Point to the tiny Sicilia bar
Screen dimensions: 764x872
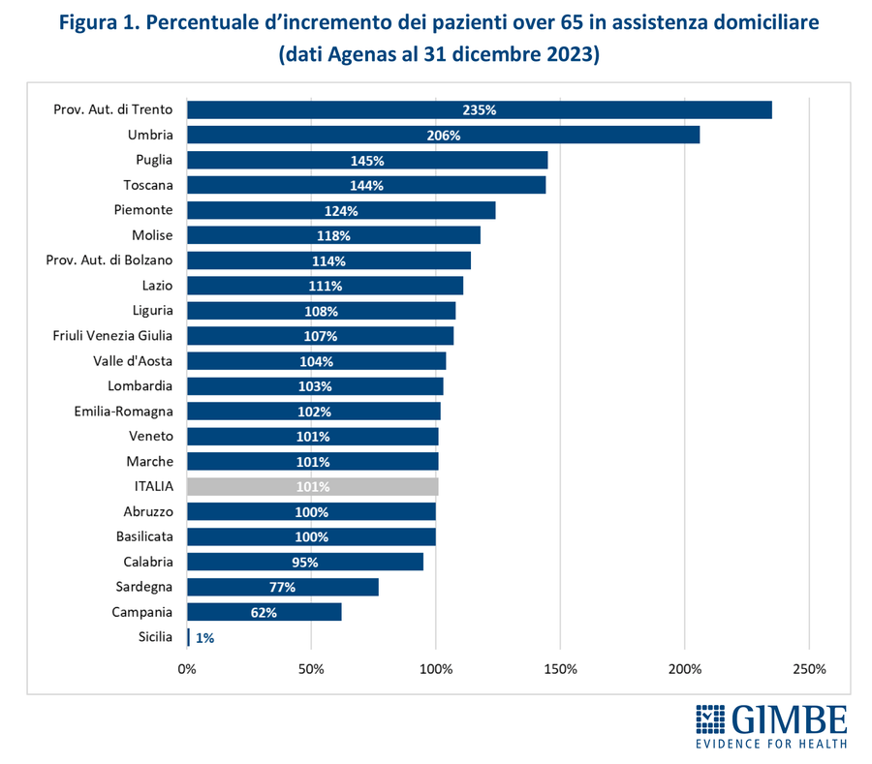click(188, 637)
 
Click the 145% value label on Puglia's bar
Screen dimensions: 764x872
click(367, 160)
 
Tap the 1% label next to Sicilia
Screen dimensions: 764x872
click(204, 637)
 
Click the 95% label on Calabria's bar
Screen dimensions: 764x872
click(304, 562)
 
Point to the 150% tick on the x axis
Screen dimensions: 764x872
click(560, 669)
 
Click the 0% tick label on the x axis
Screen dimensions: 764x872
click(187, 669)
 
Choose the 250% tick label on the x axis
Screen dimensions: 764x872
click(809, 669)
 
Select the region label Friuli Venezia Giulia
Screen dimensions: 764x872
click(112, 336)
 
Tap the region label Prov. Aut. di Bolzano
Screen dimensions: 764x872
click(109, 260)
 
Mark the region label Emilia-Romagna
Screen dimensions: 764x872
click(123, 412)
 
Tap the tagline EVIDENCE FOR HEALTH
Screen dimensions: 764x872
click(772, 744)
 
